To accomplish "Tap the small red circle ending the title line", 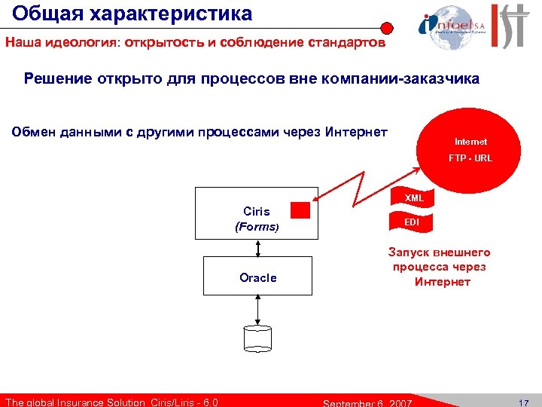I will (x=386, y=29).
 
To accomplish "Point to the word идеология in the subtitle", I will (x=80, y=43).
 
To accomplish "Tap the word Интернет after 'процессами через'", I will (x=356, y=133).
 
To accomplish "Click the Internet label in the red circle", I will (x=470, y=142).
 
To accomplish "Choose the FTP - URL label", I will (x=470, y=158).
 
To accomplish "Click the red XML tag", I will (x=413, y=197).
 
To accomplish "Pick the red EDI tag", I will (x=412, y=222).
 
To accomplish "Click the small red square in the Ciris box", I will (x=300, y=210).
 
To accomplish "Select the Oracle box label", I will (x=257, y=277).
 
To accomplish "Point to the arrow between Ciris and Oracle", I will (x=257, y=248).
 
